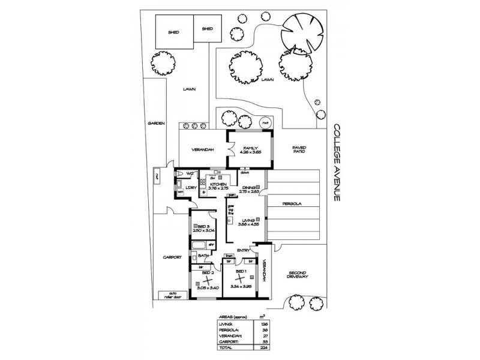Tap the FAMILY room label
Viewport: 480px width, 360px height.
pyautogui.click(x=250, y=148)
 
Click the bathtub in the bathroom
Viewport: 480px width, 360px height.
pyautogui.click(x=199, y=245)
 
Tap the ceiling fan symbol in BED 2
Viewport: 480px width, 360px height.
pyautogui.click(x=208, y=280)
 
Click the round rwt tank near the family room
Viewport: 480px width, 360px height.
pyautogui.click(x=263, y=123)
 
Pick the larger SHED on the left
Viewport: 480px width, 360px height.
pyautogui.click(x=174, y=32)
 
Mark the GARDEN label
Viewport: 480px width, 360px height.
pyautogui.click(x=156, y=123)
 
